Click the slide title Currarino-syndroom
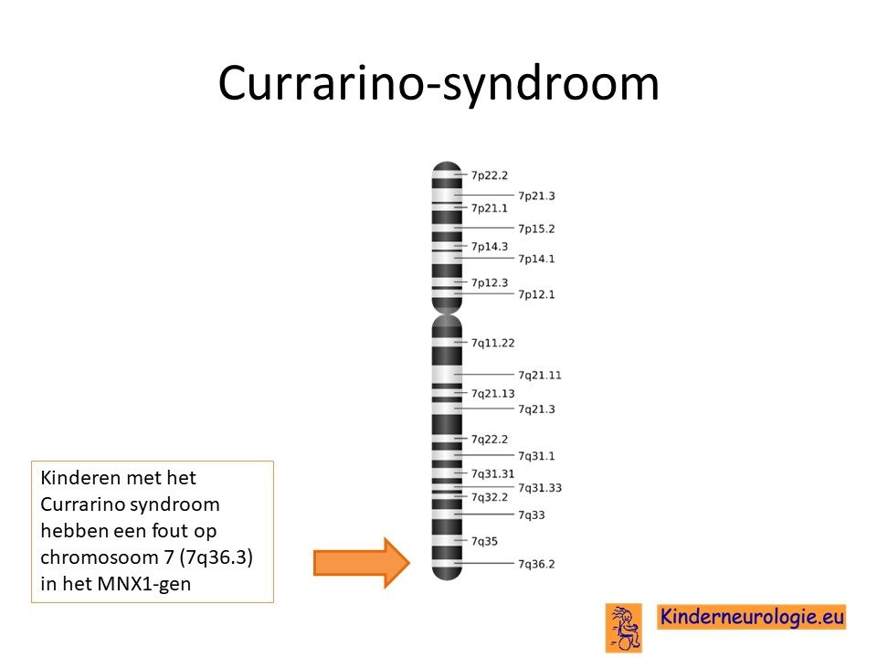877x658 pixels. pos(438,83)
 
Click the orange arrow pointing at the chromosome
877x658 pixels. pos(362,562)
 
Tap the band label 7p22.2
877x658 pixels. pos(490,175)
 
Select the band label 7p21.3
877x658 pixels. pos(536,196)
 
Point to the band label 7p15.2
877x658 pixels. pos(536,228)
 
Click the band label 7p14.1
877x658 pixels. pos(536,259)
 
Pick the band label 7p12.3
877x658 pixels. pos(490,282)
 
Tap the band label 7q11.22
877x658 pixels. pos(492,343)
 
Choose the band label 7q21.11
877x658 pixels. pos(540,375)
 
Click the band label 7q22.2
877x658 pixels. pos(490,440)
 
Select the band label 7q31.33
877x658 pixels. pos(540,488)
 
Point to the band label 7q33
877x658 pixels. pos(532,515)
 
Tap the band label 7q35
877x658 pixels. pos(484,541)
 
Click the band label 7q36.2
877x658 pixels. pos(536,564)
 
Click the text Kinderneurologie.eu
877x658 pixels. pos(752,617)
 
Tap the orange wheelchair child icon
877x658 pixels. pos(624,628)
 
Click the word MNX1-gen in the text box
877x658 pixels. pos(143,584)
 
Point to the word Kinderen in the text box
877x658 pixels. pos(81,478)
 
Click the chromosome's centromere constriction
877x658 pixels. pos(447,313)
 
